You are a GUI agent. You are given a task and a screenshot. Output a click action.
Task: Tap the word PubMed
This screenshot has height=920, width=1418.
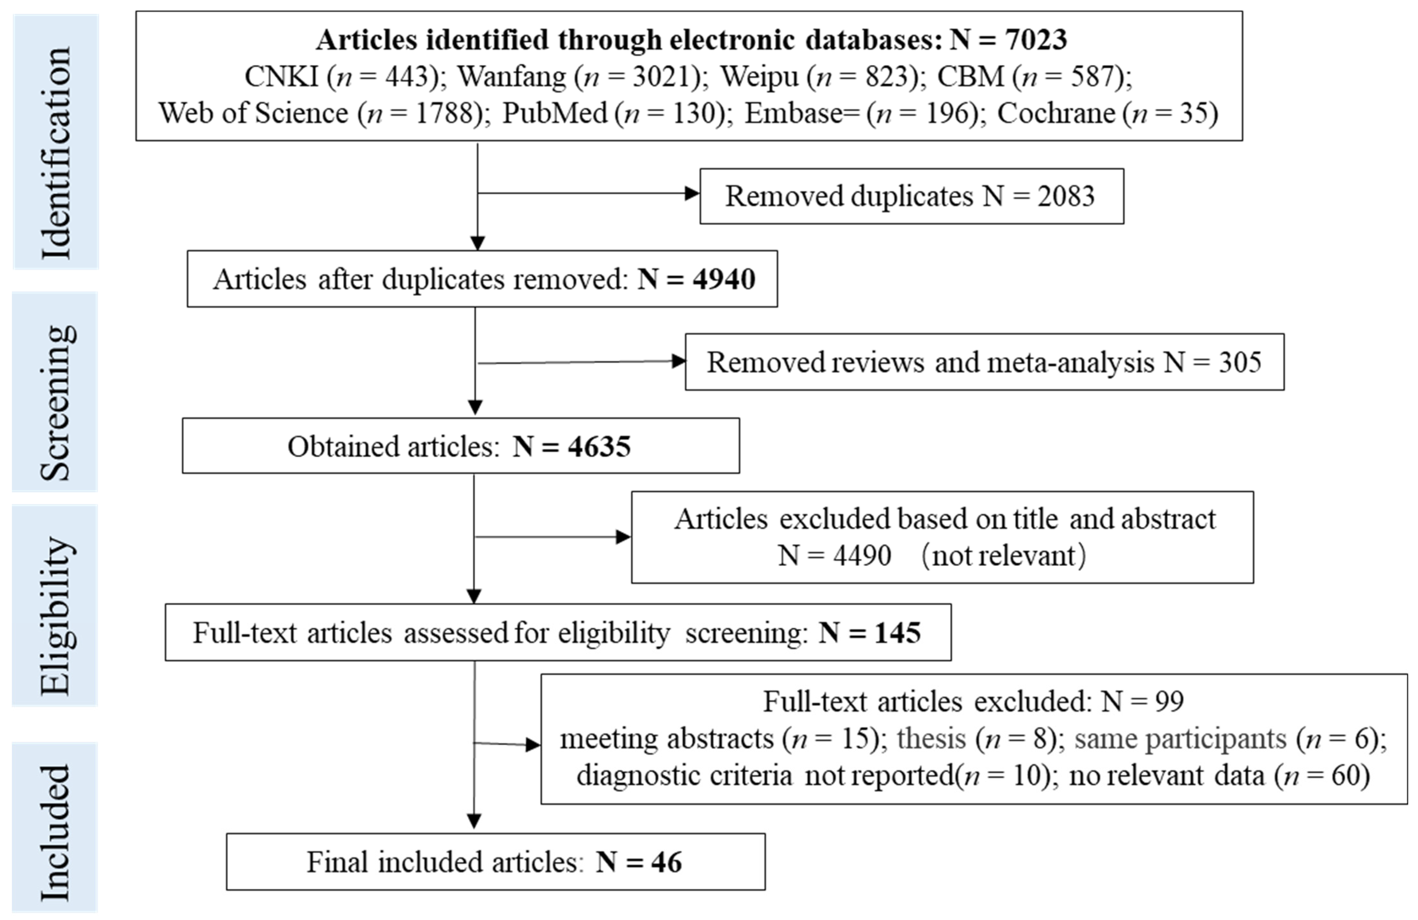[555, 113]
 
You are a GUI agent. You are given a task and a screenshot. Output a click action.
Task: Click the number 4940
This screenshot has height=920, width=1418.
[724, 279]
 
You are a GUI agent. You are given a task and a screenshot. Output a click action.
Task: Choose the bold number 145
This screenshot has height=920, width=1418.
[898, 633]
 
